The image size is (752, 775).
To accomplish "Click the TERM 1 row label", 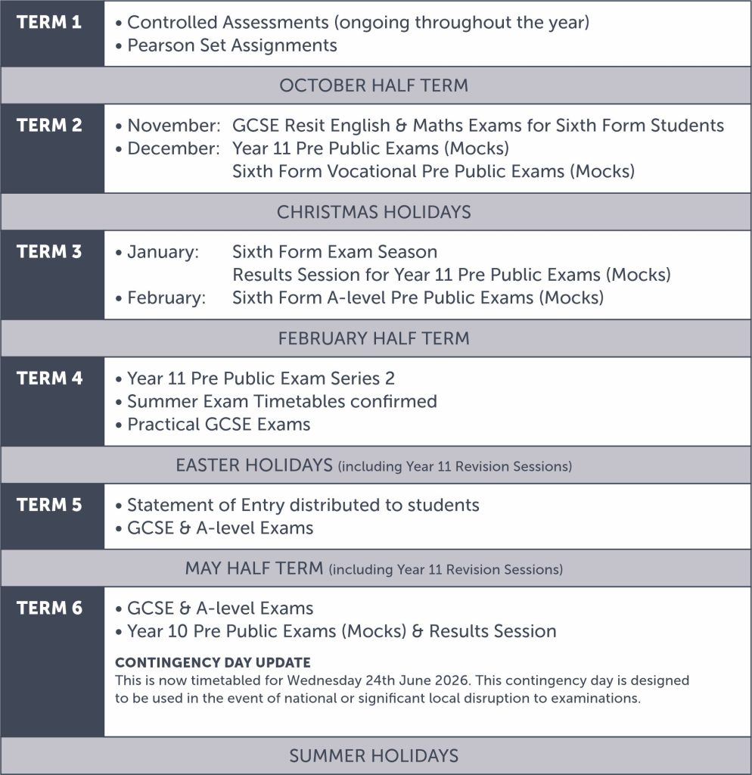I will (49, 22).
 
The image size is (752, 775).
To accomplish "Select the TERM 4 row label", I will (49, 378).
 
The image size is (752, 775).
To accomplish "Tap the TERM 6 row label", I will (49, 608).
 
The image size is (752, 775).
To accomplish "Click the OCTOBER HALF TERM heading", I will (374, 86).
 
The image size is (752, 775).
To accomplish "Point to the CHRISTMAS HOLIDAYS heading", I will (374, 212).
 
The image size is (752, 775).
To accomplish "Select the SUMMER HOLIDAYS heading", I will (374, 755).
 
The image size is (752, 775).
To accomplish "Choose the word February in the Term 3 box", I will (166, 297).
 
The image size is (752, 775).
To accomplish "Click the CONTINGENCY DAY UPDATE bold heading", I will (213, 662).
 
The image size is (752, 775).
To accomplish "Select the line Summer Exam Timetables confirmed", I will (281, 401).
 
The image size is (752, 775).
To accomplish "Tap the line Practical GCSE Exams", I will (219, 424).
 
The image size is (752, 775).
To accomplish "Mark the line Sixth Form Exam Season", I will (334, 251).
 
